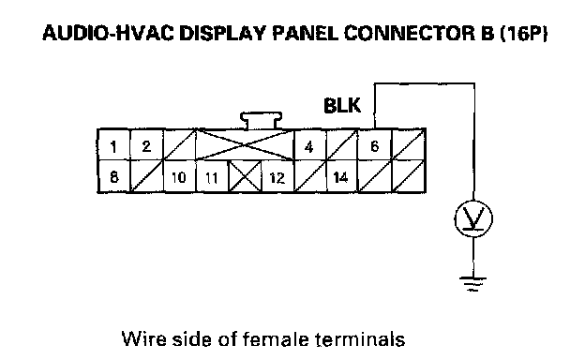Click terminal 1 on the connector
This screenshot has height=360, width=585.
113,145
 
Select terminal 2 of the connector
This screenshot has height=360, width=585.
146,145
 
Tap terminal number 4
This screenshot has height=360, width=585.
309,145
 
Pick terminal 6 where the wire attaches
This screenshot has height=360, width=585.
375,145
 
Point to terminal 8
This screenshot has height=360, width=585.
113,176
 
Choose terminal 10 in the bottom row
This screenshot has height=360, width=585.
179,176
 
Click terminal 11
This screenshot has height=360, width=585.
212,176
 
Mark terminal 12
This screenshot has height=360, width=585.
277,176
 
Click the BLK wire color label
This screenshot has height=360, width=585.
342,106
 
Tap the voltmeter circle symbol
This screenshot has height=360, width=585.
473,218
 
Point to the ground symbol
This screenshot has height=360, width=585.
473,283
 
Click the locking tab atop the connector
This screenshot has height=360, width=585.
261,121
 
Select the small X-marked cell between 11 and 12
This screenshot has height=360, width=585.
245,176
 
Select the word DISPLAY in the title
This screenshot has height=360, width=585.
222,33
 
